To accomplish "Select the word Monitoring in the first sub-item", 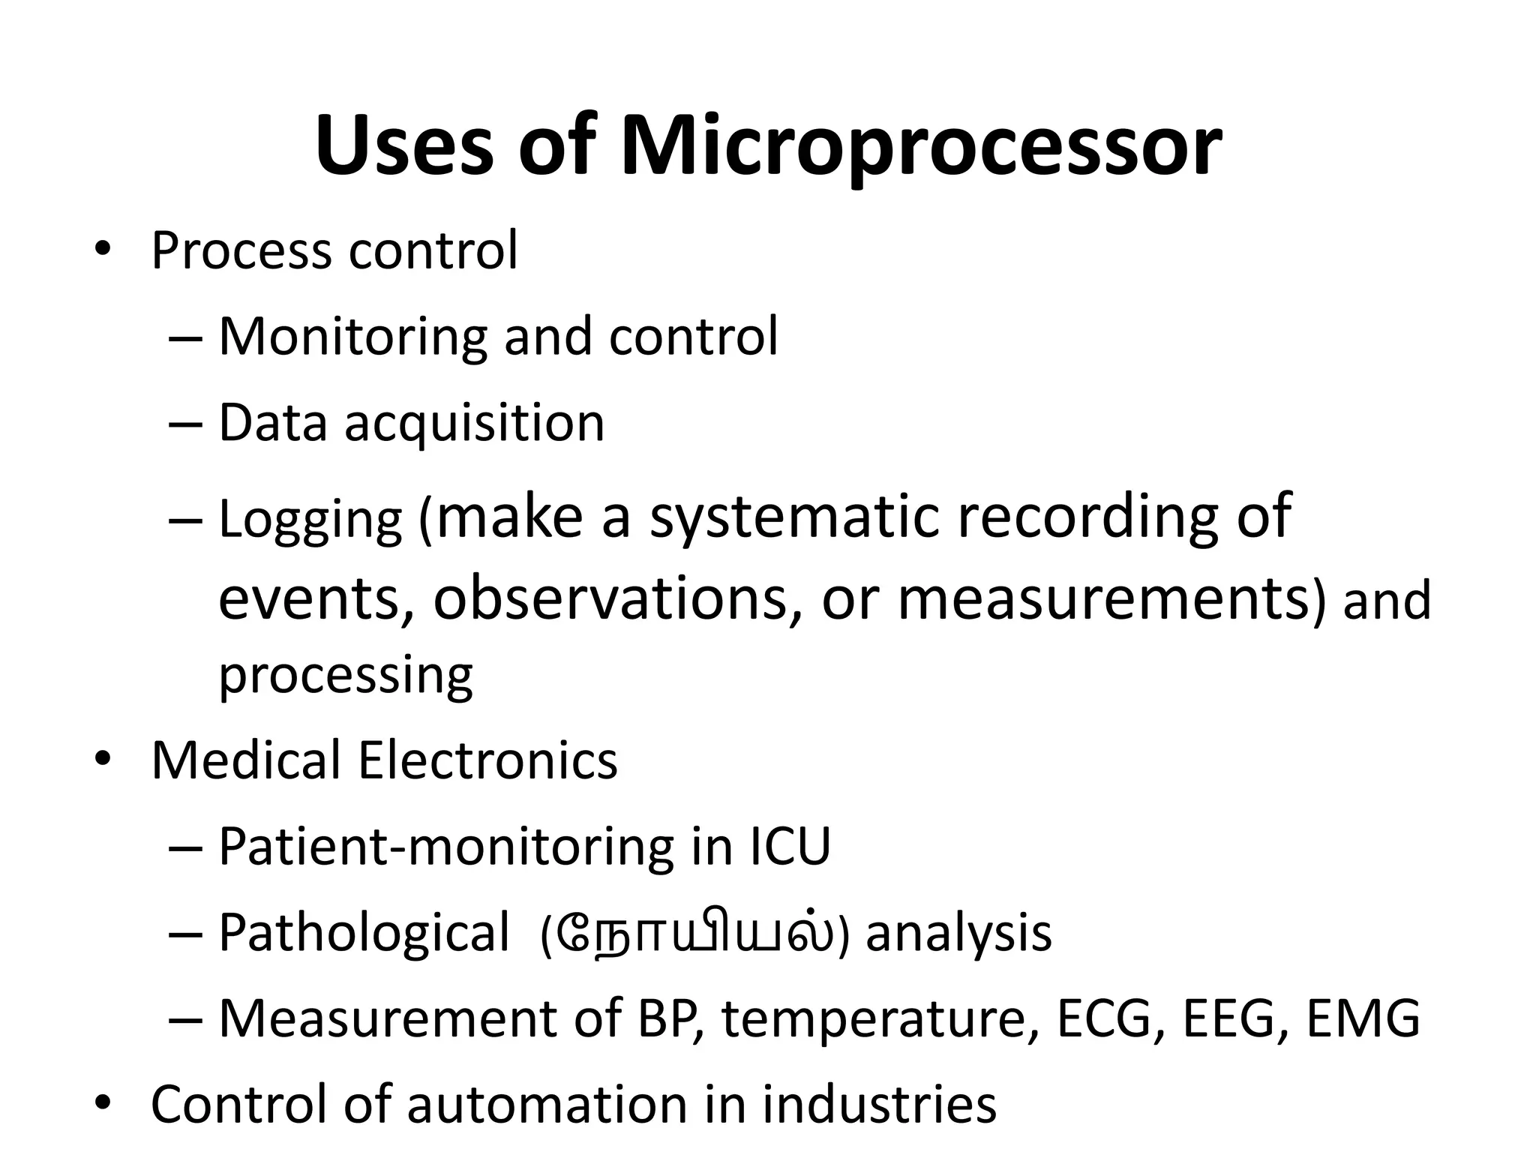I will pos(353,337).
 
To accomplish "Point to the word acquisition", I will pos(474,424).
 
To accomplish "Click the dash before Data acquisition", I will pos(186,424).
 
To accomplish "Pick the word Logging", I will pos(310,520).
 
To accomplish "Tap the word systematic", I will pos(793,517).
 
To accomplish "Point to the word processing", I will pos(346,675).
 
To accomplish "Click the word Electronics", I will pos(487,760).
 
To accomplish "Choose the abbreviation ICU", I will pos(790,847).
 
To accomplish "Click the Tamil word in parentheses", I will pos(694,934).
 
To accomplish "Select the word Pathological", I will pos(364,934).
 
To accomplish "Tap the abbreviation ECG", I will pos(1102,1018).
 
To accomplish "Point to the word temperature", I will pos(873,1020).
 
